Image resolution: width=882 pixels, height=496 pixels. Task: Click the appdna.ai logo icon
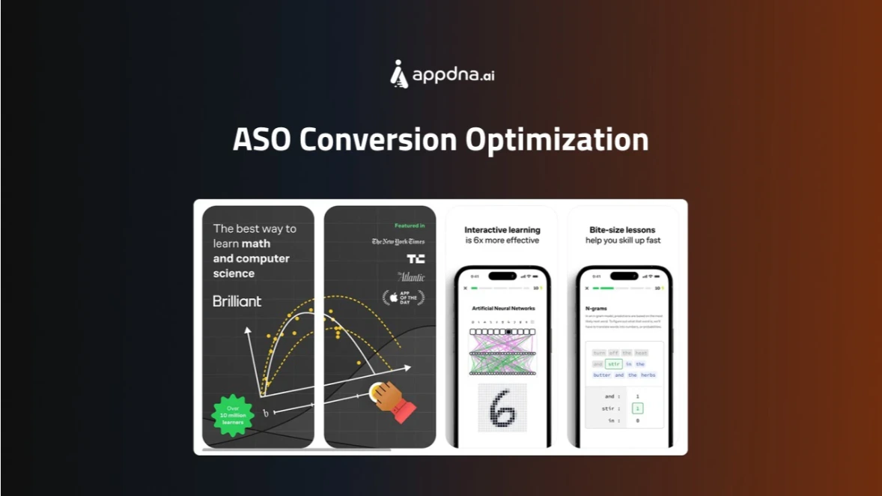click(x=400, y=74)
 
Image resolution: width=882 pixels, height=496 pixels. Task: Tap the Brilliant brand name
click(x=237, y=301)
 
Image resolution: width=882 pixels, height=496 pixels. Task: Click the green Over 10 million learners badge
click(x=233, y=414)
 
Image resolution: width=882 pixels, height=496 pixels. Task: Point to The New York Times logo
click(x=398, y=241)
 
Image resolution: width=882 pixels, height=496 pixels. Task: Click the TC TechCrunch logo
click(x=416, y=258)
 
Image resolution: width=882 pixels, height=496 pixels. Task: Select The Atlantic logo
click(x=411, y=276)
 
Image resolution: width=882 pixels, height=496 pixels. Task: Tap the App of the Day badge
click(x=404, y=297)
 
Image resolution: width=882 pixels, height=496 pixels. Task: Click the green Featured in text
click(x=410, y=226)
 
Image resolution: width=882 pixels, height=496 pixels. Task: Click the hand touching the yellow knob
click(x=392, y=399)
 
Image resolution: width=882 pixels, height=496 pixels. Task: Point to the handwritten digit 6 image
click(x=502, y=409)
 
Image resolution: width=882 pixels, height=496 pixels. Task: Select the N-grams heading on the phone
click(x=596, y=307)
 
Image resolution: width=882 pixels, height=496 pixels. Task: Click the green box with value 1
click(x=636, y=408)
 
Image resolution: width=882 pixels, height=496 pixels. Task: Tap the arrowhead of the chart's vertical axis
click(x=246, y=328)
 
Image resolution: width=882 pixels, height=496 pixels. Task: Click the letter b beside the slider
click(x=265, y=413)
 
